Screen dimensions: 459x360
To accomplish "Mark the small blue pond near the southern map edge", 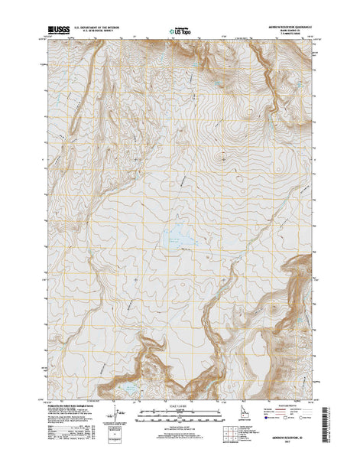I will tap(131, 389).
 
